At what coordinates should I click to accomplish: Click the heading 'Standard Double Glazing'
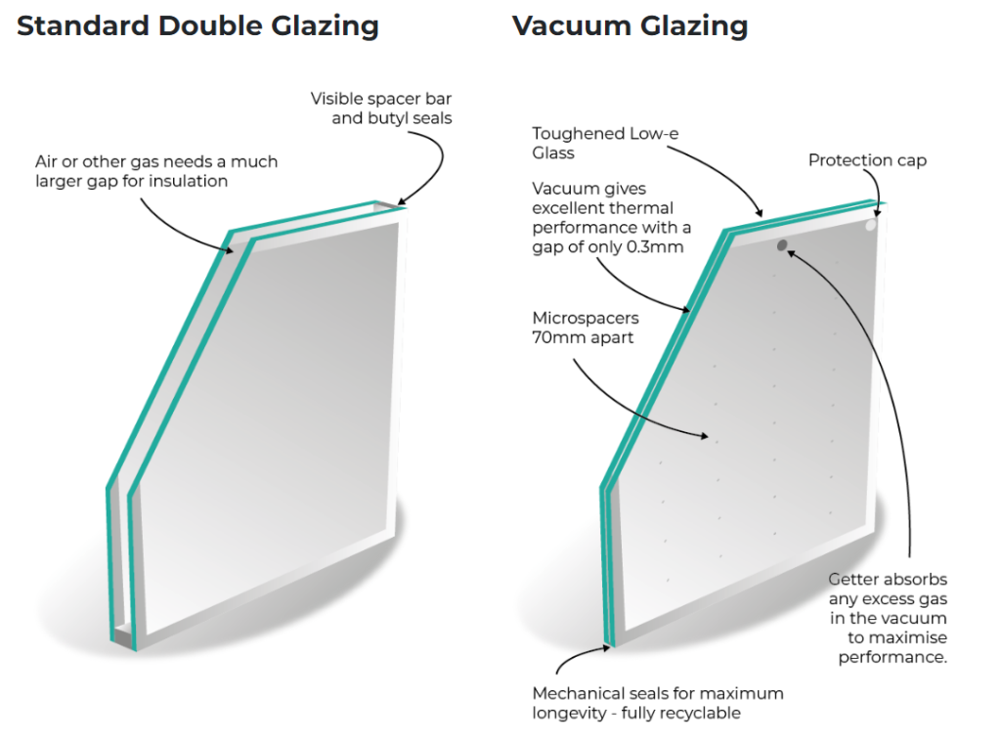coord(197,26)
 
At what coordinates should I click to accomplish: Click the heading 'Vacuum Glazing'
coord(630,26)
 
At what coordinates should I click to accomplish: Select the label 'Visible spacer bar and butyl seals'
coord(381,109)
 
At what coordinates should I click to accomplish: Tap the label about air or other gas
coord(156,171)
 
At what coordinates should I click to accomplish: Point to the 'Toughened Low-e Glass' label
coord(590,143)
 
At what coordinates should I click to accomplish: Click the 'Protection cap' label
coord(866,160)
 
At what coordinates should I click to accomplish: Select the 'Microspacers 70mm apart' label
coord(584,328)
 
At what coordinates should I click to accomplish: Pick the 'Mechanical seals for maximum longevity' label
coord(657,703)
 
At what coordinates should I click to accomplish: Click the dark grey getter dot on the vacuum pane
coord(782,245)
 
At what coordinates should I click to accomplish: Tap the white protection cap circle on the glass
coord(870,225)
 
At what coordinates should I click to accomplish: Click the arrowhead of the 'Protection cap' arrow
coord(877,212)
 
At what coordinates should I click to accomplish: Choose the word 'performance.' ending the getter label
coord(892,657)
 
